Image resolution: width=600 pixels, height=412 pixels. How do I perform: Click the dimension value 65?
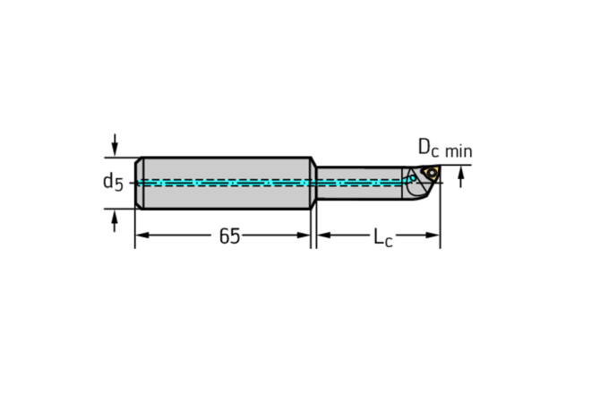(x=229, y=236)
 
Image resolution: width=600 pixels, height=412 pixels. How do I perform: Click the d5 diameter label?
(x=112, y=182)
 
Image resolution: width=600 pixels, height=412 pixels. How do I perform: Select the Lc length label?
(x=382, y=236)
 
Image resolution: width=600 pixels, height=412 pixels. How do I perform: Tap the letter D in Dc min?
(x=424, y=146)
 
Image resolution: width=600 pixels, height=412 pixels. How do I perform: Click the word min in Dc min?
(x=458, y=150)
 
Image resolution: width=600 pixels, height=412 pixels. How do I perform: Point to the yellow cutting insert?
(x=430, y=172)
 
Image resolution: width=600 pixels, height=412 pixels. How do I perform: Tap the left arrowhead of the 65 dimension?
(x=141, y=236)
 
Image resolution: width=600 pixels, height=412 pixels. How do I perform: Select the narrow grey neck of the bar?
(x=358, y=172)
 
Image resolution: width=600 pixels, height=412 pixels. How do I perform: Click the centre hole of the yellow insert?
(x=431, y=172)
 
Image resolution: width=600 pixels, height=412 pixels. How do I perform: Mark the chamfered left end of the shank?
(x=138, y=183)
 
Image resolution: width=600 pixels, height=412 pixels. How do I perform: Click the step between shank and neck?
(x=313, y=183)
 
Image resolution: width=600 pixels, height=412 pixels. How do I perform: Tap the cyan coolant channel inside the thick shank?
(x=224, y=183)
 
